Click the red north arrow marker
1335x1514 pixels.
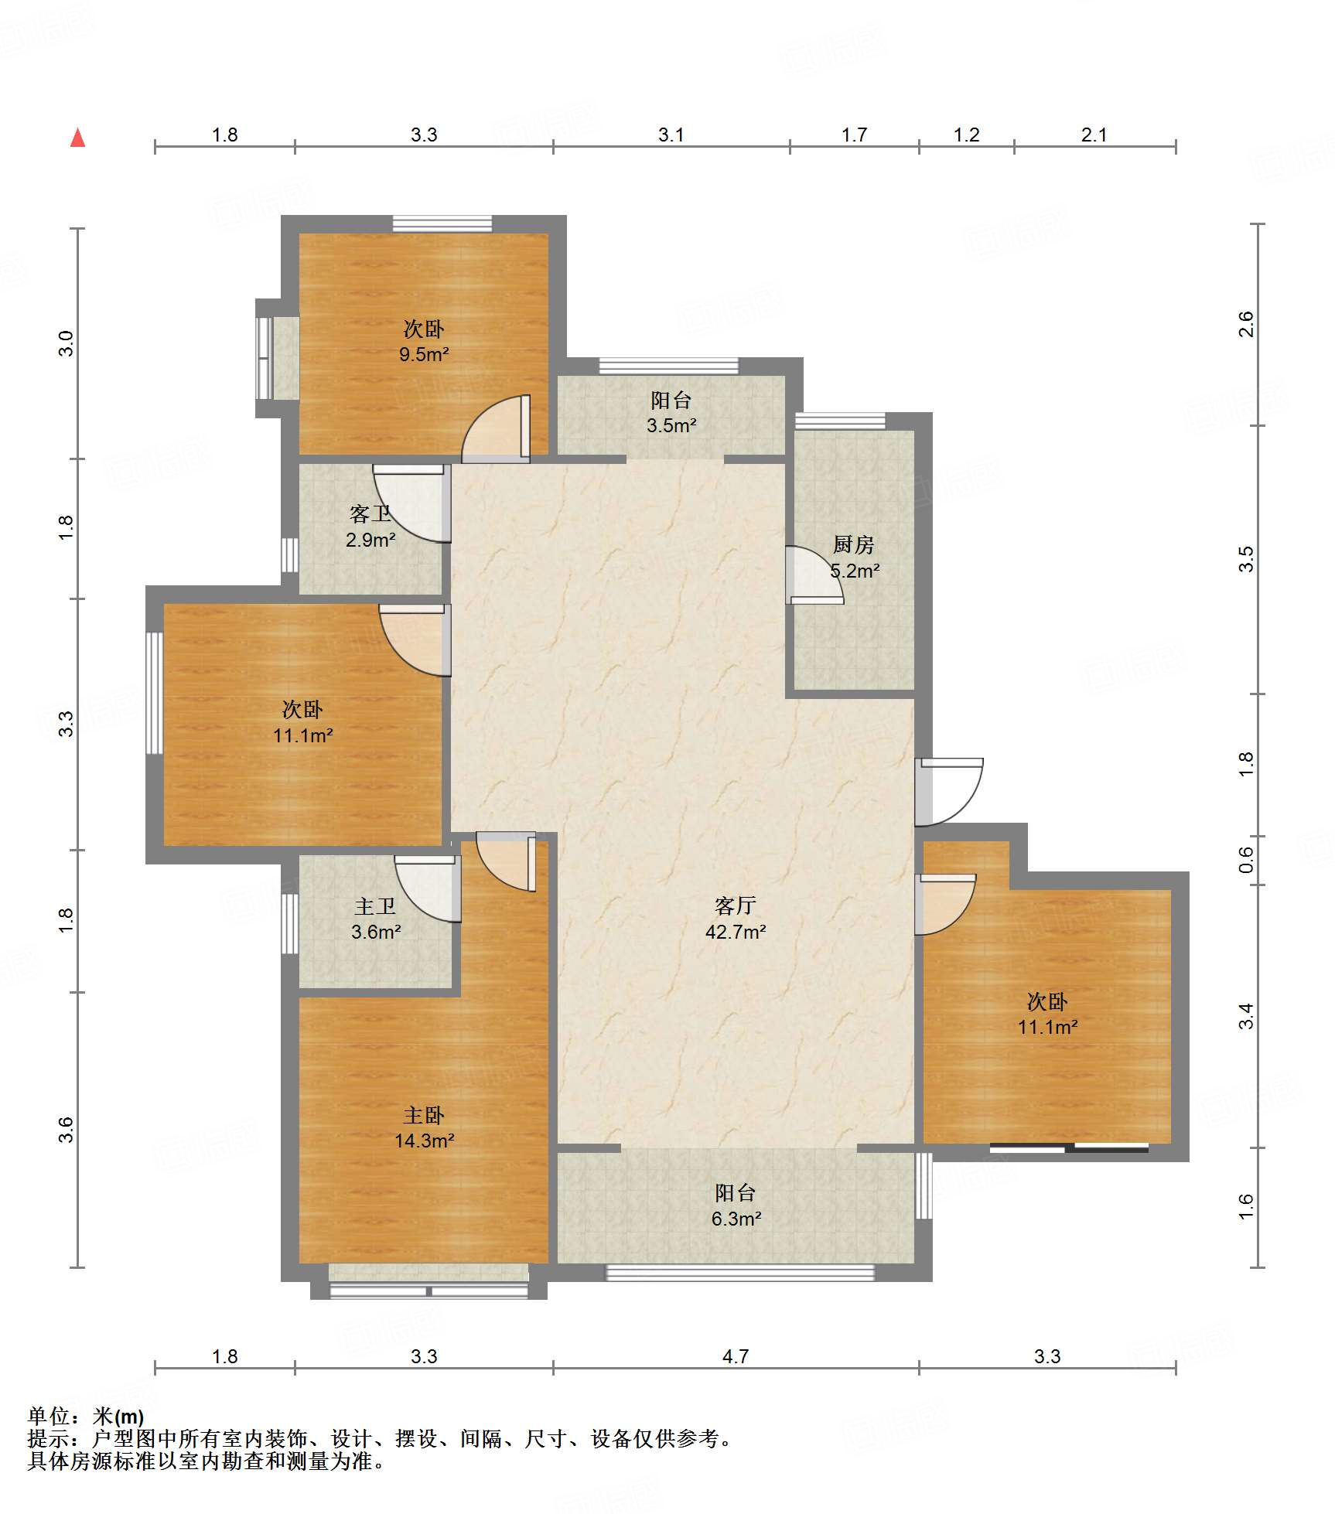click(x=77, y=138)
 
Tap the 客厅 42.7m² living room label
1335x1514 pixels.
click(x=736, y=918)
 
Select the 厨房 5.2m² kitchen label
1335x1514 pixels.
click(x=854, y=558)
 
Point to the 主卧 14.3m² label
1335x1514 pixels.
click(x=424, y=1127)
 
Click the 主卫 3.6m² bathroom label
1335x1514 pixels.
click(x=376, y=919)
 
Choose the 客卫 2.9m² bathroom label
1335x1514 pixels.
click(x=370, y=527)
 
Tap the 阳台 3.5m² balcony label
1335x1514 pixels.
click(x=671, y=412)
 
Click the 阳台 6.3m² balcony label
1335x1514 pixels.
click(x=736, y=1205)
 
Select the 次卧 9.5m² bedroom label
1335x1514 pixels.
click(x=424, y=341)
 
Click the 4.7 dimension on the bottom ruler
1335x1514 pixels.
click(x=736, y=1356)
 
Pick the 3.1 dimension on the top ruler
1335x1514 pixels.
click(x=671, y=135)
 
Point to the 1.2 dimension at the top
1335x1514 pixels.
click(x=967, y=135)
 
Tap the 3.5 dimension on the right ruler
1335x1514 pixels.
click(x=1245, y=559)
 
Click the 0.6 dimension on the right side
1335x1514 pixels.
click(x=1245, y=860)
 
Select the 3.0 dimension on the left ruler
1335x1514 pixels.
click(x=67, y=343)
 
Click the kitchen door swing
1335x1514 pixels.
click(x=814, y=575)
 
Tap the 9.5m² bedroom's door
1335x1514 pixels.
click(x=496, y=429)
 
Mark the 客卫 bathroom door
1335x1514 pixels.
click(x=411, y=503)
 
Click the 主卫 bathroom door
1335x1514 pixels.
click(x=428, y=888)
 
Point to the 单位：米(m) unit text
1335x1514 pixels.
click(x=86, y=1417)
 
